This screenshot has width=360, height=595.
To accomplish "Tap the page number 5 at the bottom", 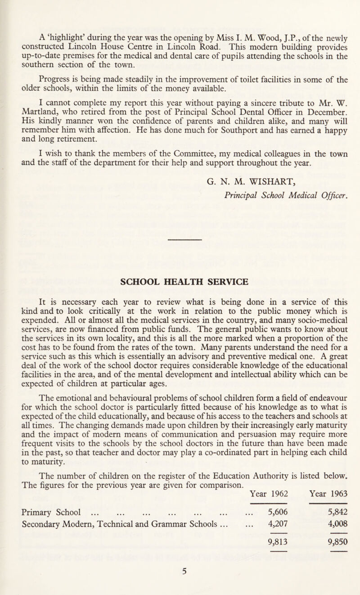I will coord(180,584).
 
